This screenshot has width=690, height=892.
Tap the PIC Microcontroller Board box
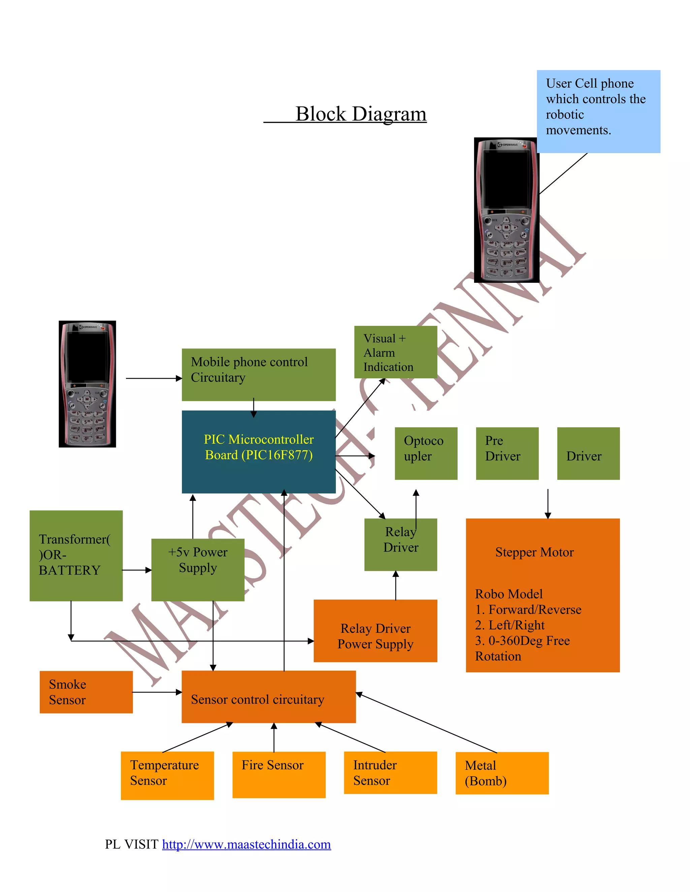258,451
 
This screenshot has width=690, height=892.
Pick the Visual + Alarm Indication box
395,352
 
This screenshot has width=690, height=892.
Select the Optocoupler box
426,453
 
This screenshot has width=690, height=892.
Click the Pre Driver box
507,453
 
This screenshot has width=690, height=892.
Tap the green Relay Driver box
400,544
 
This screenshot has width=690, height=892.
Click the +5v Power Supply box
197,569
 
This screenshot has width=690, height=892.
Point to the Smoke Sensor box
86,692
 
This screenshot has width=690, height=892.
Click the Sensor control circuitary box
268,697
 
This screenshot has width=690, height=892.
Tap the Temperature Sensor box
167,775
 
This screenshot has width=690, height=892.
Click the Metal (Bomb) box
502,773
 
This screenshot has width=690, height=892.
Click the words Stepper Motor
534,552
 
